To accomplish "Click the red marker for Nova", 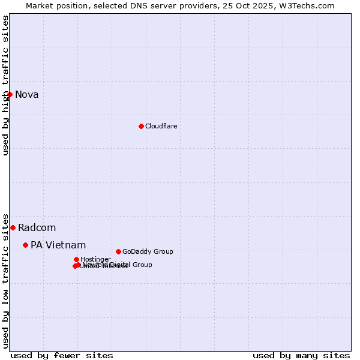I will (x=10, y=94).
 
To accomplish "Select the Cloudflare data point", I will (x=141, y=126).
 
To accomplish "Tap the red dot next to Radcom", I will (x=13, y=227).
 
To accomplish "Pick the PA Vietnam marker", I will (x=25, y=245).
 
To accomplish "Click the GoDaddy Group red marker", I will (x=118, y=251).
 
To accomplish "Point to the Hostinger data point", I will (x=76, y=259).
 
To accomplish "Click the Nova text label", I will (x=27, y=94).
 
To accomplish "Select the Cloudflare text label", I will (x=161, y=126).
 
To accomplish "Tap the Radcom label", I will (x=37, y=227).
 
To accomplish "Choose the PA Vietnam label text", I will (x=58, y=245).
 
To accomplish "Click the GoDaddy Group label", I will (x=148, y=251).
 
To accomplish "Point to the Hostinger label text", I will (x=95, y=259).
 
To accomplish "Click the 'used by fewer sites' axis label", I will (x=62, y=355).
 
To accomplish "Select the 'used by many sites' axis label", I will (x=301, y=355).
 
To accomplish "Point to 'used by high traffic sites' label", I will (x=5, y=85).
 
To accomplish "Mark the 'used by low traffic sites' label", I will (x=5, y=280).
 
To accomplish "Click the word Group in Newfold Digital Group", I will (x=142, y=265).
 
